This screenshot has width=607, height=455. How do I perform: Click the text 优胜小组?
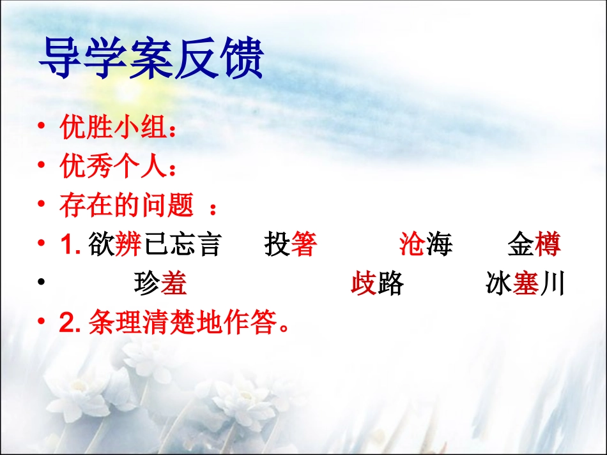click(x=112, y=128)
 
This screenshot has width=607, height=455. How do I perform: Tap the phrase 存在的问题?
click(x=127, y=206)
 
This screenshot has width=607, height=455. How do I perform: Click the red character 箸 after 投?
click(x=304, y=245)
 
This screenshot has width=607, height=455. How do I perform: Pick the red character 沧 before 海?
click(x=413, y=245)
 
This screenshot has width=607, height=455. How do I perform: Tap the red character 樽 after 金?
click(x=548, y=245)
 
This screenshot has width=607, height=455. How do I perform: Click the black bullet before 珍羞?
click(x=42, y=283)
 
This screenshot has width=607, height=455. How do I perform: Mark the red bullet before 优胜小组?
click(x=42, y=127)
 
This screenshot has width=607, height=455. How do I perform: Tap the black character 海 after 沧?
click(x=440, y=245)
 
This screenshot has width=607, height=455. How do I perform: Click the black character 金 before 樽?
click(x=521, y=245)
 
